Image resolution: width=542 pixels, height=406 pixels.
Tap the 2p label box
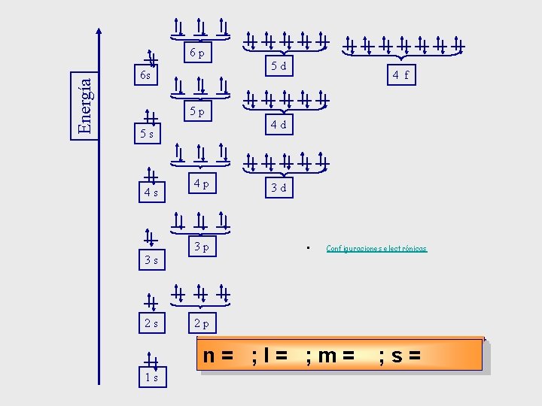(201, 324)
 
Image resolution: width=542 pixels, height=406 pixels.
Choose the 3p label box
(201, 246)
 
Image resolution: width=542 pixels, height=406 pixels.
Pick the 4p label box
(201, 183)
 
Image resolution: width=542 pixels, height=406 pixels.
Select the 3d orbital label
(279, 188)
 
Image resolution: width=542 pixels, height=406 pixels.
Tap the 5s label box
(147, 134)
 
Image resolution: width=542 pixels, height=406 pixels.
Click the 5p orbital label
(197, 111)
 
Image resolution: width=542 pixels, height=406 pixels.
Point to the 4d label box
(279, 125)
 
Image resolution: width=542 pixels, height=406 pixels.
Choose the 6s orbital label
(145, 76)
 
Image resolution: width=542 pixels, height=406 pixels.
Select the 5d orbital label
(279, 66)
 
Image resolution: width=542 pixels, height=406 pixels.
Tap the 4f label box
(400, 74)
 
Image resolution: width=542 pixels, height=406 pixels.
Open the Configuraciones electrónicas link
(376, 248)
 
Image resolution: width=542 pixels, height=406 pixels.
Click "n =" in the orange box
(218, 355)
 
